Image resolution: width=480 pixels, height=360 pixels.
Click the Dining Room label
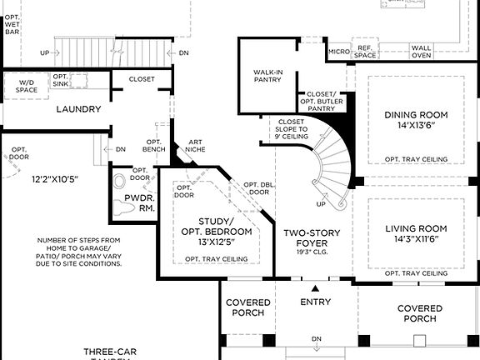pos(416,114)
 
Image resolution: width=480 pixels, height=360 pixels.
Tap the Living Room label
pos(416,227)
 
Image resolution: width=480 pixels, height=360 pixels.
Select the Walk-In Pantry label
pos(268,77)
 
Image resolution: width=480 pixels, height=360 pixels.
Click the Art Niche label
pos(196,146)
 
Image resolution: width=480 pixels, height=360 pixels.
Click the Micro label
pos(337,52)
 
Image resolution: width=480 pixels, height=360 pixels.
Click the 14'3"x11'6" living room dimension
pos(416,240)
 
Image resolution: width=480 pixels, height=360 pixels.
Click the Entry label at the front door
pos(315,302)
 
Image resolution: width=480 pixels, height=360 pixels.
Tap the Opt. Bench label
pos(153,146)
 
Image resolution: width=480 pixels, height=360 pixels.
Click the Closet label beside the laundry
pos(142,79)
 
